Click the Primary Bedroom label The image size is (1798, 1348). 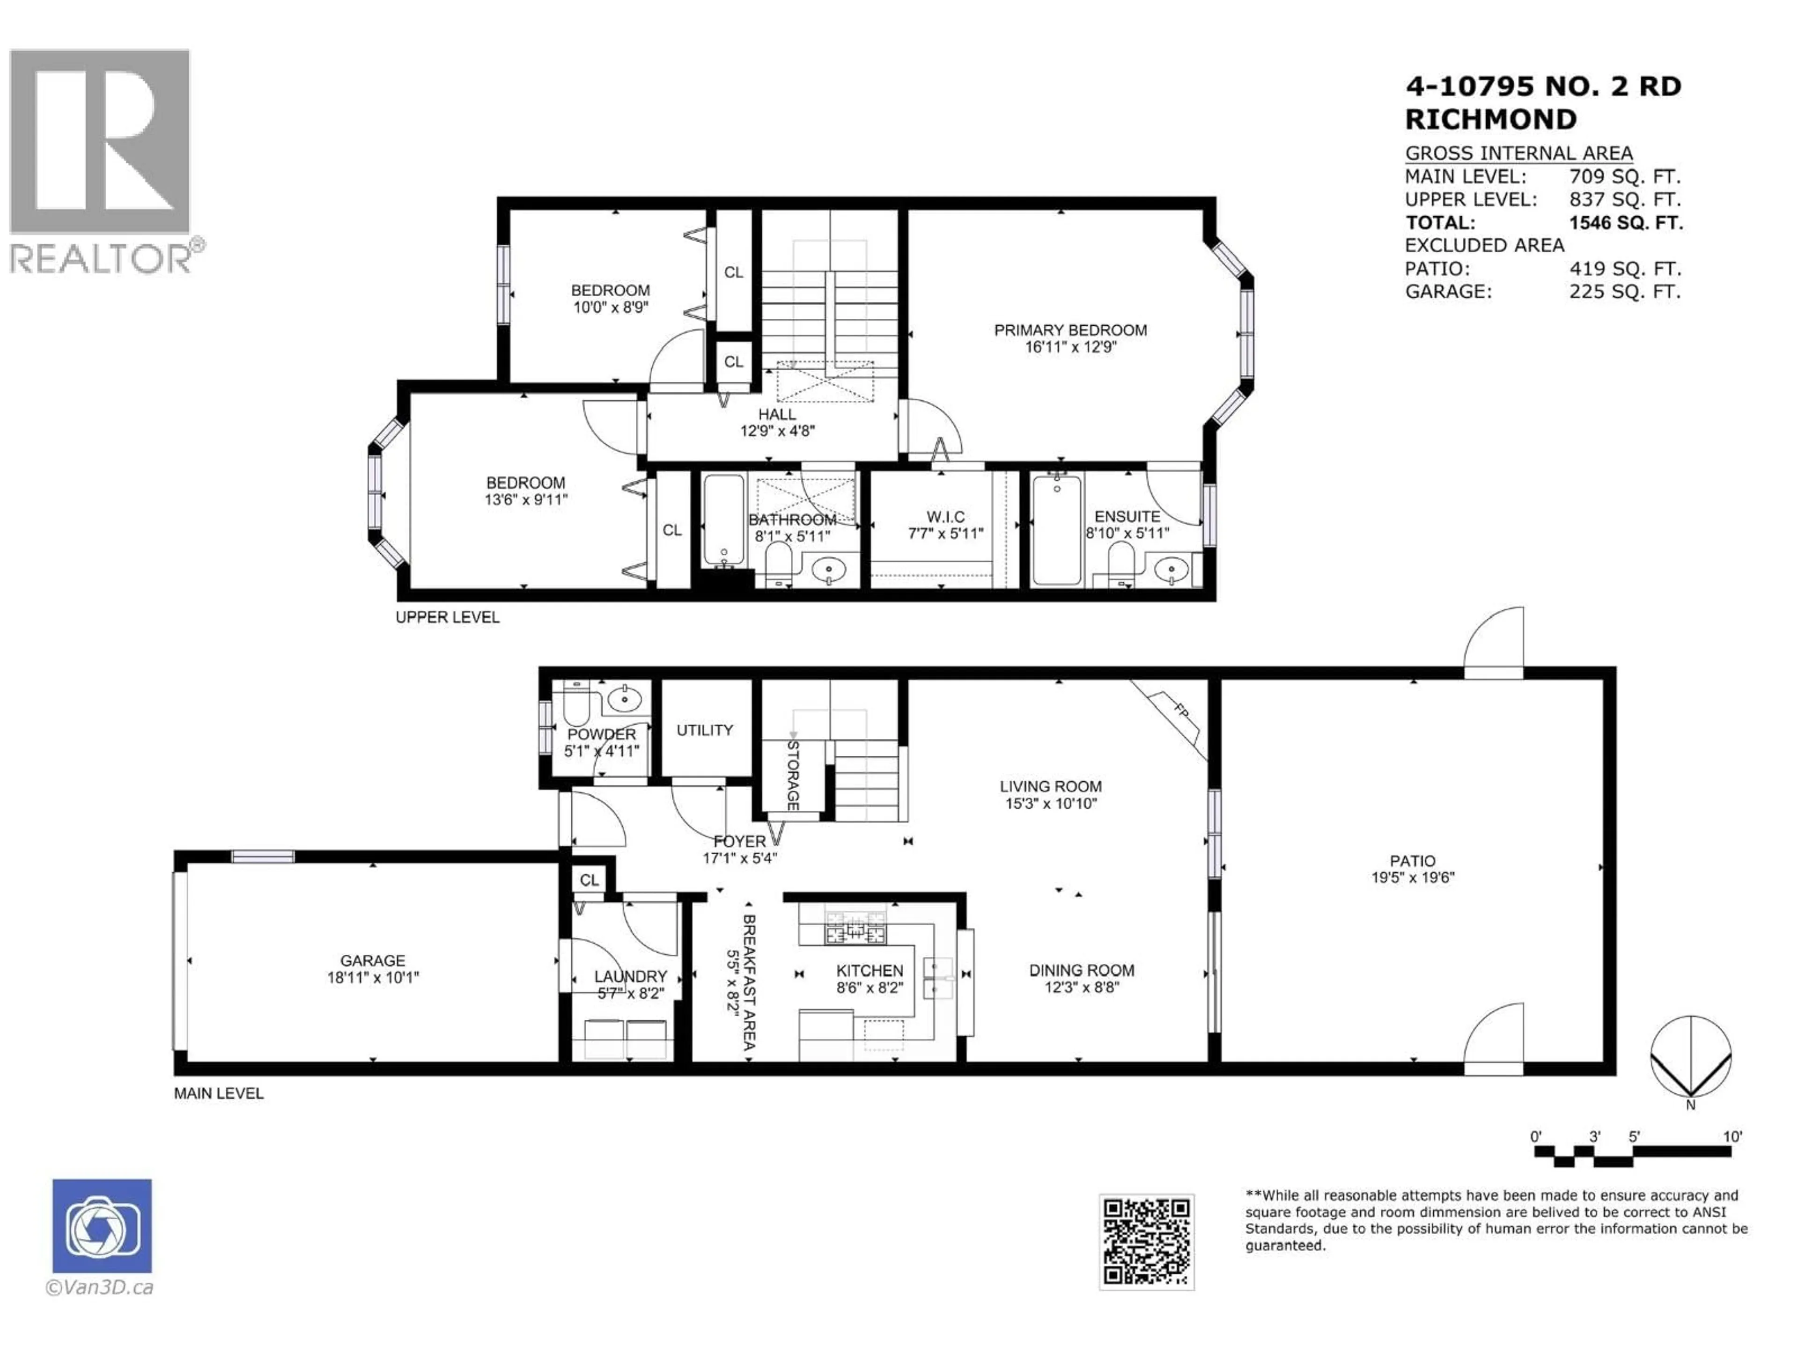[x=1070, y=330]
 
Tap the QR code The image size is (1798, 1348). [x=1146, y=1242]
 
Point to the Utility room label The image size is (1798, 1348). [x=705, y=730]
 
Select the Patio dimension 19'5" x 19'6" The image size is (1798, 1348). [x=1413, y=878]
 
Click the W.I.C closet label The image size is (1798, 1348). [x=945, y=517]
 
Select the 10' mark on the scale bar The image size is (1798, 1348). [x=1732, y=1136]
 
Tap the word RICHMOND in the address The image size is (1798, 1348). [x=1491, y=119]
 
